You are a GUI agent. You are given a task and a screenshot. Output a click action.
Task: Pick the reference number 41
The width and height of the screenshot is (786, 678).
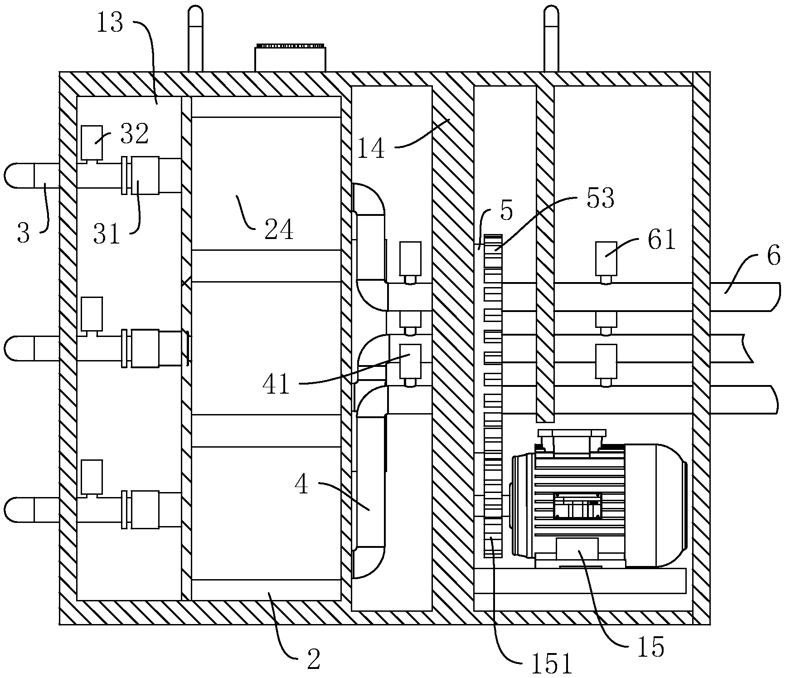276,385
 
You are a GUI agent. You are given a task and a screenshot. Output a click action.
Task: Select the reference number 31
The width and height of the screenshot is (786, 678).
107,234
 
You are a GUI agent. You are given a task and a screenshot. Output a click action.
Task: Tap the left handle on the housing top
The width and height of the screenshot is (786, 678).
195,39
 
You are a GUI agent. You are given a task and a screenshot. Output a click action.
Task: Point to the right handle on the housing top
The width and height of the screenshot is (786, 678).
551,39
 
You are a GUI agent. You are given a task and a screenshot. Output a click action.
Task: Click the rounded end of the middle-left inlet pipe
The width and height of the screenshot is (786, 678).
19,348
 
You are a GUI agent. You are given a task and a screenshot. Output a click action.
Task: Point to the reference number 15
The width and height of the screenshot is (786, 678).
650,647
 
